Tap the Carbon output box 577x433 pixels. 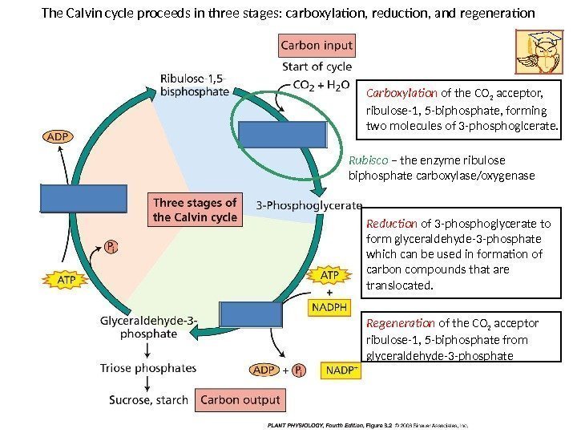[240, 399]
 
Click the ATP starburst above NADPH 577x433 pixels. [329, 275]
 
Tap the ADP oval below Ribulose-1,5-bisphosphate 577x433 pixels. [56, 136]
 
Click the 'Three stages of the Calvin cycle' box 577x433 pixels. [195, 209]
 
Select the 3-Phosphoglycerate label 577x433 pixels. [309, 204]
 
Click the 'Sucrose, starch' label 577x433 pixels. [149, 399]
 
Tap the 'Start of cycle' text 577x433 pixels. [317, 66]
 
